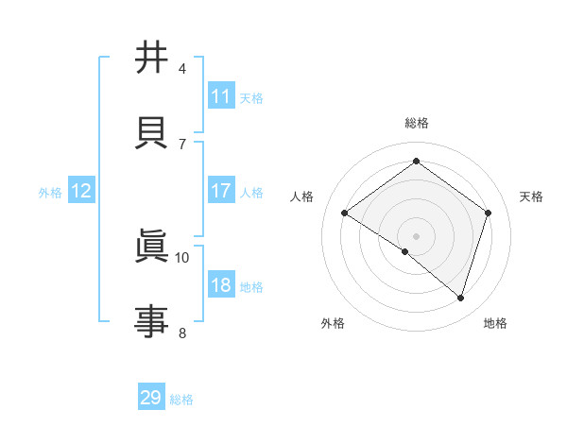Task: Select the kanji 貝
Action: click(x=151, y=130)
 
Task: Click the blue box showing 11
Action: click(x=221, y=96)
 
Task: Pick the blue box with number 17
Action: click(x=221, y=191)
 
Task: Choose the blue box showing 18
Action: click(x=221, y=286)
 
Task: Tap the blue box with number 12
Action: click(x=80, y=191)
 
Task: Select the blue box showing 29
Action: click(x=151, y=398)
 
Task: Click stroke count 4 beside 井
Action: click(x=182, y=69)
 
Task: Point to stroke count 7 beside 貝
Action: click(x=182, y=144)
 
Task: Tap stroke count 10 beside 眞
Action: click(x=182, y=257)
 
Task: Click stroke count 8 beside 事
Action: click(x=182, y=333)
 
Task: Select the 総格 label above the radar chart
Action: click(x=416, y=123)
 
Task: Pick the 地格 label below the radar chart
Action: click(x=495, y=323)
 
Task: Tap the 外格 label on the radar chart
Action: click(x=333, y=323)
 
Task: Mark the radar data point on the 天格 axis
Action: click(x=488, y=213)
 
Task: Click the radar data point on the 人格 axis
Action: click(x=345, y=213)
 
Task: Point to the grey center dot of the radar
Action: click(x=416, y=235)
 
